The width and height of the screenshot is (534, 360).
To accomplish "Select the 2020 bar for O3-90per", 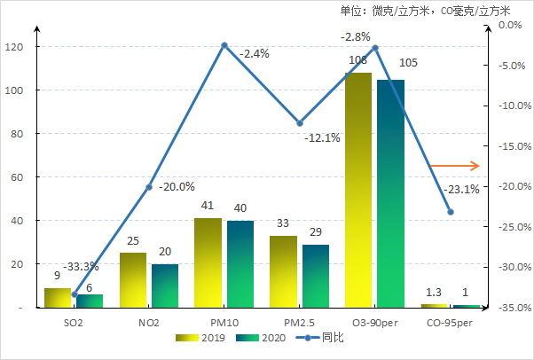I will coord(390,193).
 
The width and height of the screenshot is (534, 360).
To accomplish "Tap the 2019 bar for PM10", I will coord(208,262).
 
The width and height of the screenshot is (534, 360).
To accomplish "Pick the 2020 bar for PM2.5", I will coord(315,276).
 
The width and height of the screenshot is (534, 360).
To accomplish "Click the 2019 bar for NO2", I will coord(133,280).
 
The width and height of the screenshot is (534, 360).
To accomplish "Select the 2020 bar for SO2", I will coord(90,301).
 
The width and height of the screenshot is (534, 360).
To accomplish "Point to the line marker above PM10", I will coord(224,44).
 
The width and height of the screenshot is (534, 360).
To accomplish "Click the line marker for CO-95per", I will coord(450,212).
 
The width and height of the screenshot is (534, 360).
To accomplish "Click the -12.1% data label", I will coord(321,138).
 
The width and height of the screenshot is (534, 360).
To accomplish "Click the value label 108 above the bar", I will coord(357,60).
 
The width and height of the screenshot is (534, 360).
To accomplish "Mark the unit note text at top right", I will coord(425,11).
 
